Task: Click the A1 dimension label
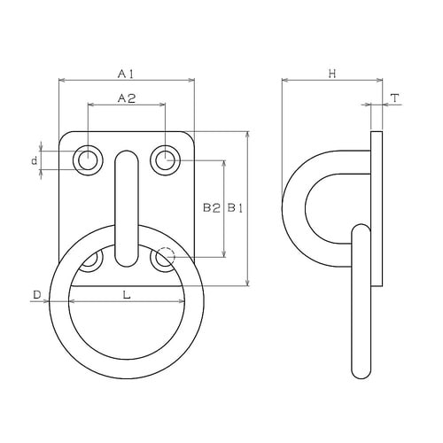[126, 74]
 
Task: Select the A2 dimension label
[127, 98]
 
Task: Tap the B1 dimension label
[235, 208]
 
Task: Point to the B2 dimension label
[212, 208]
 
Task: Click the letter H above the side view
[332, 74]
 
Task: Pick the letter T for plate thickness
[395, 98]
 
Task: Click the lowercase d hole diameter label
[35, 161]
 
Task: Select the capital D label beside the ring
[37, 295]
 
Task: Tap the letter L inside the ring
[127, 295]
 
